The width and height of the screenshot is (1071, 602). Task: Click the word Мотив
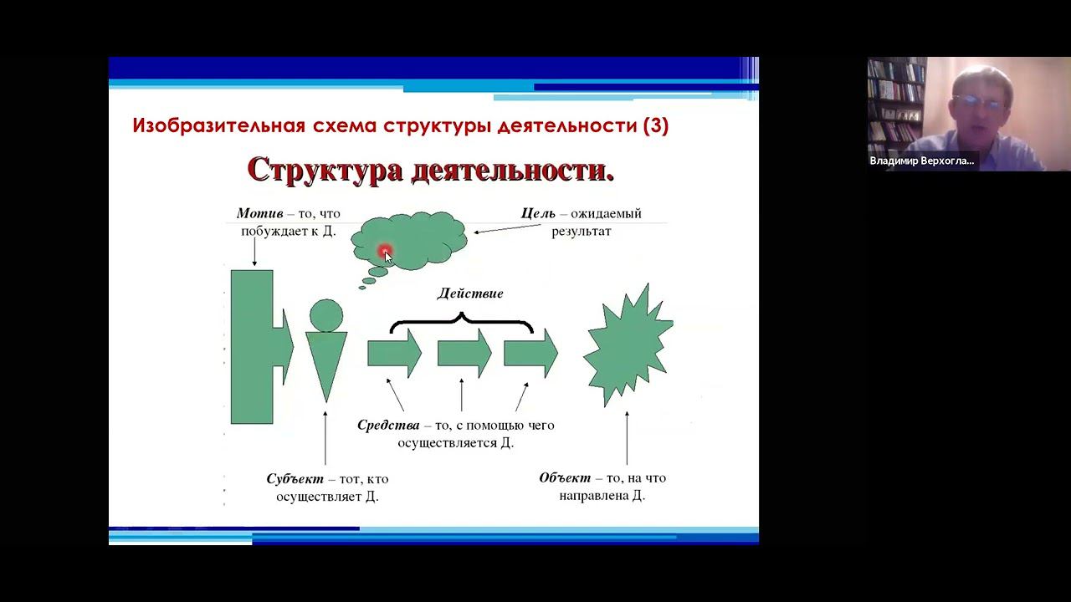tap(260, 214)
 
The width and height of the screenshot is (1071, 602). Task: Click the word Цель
tap(538, 214)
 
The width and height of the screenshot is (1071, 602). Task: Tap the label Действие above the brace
tap(470, 294)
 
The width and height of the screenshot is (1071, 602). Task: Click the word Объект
tap(565, 478)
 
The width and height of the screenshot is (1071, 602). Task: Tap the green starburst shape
tap(628, 345)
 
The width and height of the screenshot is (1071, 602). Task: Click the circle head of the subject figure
tap(326, 314)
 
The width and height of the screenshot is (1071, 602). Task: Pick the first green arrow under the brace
tap(394, 354)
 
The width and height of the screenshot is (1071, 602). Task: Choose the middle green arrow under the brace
tap(464, 354)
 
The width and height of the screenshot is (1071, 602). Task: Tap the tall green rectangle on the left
tap(252, 346)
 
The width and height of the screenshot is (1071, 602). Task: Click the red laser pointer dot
tap(385, 251)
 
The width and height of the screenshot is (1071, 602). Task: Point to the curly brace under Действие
tap(462, 322)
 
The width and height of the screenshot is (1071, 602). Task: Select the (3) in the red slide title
tap(655, 126)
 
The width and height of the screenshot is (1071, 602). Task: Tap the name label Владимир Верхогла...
tap(922, 161)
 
